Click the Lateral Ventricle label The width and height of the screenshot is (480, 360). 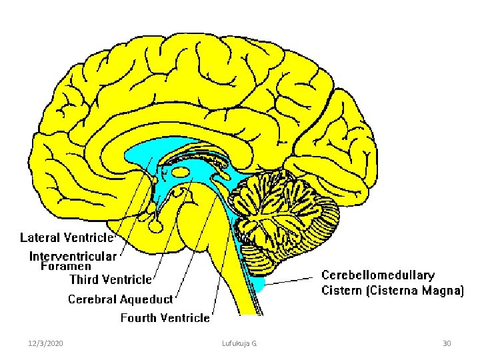67,237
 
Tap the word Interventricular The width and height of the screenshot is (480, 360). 73,256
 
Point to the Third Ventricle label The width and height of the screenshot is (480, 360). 111,279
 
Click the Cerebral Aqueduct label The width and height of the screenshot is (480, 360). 121,299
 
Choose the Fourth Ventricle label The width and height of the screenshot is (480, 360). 165,318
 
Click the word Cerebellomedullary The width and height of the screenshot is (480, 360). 378,275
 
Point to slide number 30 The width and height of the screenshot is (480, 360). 447,343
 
